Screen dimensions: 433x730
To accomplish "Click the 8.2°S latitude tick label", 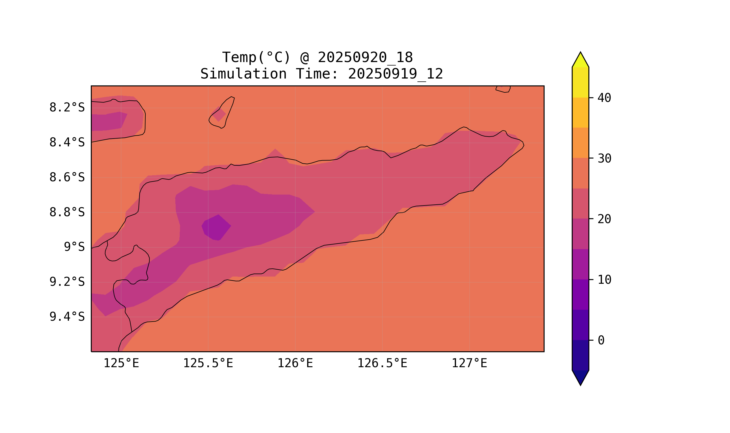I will click(x=67, y=108).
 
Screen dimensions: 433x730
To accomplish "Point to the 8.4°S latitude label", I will click(x=67, y=143).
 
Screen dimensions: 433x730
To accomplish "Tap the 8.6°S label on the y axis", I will click(x=67, y=178).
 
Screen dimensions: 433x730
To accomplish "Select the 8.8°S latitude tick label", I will click(x=67, y=212).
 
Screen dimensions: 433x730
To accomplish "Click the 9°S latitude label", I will click(x=74, y=247).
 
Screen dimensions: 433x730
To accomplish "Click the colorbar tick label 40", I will click(x=604, y=98).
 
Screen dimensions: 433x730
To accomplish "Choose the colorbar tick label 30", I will click(x=604, y=159).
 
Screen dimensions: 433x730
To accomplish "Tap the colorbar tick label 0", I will click(x=601, y=341).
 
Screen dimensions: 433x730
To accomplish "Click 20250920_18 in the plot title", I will click(x=365, y=57).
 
